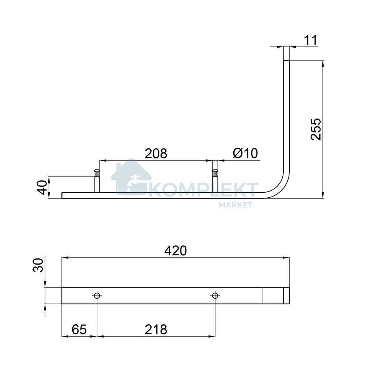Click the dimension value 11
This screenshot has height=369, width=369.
(311, 40)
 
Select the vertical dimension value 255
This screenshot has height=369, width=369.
(316, 129)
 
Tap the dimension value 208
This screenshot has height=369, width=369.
(156, 154)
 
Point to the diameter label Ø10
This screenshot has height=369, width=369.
(245, 154)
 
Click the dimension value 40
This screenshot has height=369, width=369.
(42, 187)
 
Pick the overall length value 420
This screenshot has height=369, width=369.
(176, 251)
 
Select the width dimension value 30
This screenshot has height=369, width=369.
(38, 265)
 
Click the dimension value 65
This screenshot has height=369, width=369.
(79, 330)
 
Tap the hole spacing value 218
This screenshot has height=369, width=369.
(156, 330)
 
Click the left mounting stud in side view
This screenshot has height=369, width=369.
(96, 181)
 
